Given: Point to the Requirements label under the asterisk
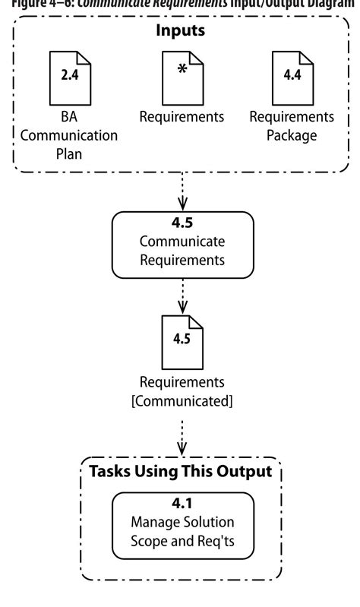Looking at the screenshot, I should coord(182,117).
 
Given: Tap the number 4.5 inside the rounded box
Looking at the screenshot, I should coord(182,225).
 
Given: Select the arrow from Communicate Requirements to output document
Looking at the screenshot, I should coord(182,296).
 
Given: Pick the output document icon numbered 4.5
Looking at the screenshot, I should coord(182,341).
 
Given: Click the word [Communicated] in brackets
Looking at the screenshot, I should coord(182,400).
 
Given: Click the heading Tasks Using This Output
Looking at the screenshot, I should coord(181,471).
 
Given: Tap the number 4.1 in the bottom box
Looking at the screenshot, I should coord(182,504).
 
